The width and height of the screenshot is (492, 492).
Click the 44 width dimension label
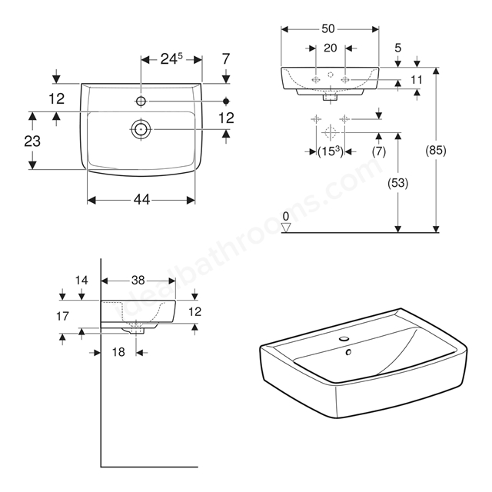[141, 200]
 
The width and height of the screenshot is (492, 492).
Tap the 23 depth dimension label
[32, 141]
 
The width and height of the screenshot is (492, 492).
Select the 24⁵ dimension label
[171, 58]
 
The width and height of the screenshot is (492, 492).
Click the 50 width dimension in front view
[328, 29]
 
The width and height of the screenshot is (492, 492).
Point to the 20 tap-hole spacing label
[331, 48]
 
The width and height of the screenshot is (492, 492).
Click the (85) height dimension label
[436, 151]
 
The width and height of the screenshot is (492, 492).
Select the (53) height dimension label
[398, 183]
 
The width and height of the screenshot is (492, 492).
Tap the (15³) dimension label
[331, 151]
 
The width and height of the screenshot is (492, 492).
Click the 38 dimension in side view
[138, 280]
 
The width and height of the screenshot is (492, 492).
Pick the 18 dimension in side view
[118, 352]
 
